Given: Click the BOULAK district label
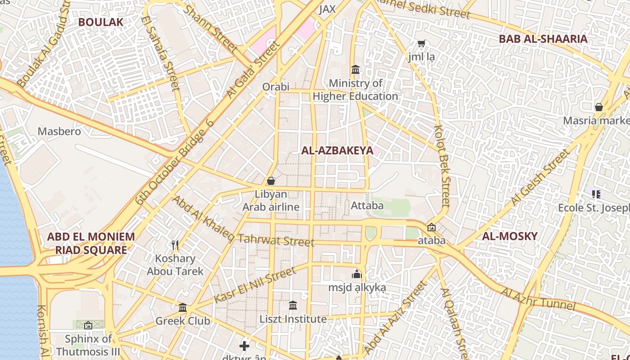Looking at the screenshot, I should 101,22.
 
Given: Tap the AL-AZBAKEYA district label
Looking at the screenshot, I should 337,151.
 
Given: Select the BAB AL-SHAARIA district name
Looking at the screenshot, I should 543,39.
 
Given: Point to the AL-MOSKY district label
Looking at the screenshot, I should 510,236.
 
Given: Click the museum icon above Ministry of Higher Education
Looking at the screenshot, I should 355,70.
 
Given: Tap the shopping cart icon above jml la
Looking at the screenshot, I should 421,44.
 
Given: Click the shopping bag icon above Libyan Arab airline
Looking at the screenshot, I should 271,181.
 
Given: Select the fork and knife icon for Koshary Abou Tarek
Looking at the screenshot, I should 175,245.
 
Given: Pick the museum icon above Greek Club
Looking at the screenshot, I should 183,307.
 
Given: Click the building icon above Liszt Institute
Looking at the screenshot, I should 293,305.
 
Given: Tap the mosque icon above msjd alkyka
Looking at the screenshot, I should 357,274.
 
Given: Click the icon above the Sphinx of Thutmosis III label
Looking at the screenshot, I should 88,325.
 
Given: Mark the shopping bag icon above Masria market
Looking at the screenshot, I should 598,107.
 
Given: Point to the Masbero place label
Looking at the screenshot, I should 59,131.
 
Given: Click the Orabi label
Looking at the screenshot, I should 276,86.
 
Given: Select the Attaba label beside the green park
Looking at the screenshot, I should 367,206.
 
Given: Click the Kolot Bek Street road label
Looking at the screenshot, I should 442,166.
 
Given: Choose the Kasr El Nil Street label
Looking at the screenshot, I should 255,284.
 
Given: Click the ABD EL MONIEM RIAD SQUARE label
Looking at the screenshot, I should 91,243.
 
